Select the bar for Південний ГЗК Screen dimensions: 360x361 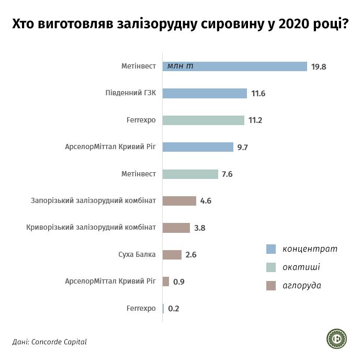point(205,93)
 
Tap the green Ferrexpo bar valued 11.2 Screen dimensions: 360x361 point(204,120)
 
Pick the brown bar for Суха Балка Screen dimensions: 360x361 point(172,255)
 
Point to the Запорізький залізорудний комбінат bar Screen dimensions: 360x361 point(179,201)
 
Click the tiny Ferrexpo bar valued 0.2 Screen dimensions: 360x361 point(163,309)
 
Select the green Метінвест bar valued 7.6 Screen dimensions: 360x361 point(190,174)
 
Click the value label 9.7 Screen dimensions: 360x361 point(242,148)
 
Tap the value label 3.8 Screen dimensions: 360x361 point(199,228)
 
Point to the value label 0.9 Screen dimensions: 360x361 point(179,282)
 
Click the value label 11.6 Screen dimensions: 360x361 point(258,94)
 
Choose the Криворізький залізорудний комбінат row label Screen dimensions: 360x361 point(91,228)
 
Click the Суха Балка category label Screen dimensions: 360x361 point(137,255)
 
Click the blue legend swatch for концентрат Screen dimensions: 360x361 point(271,249)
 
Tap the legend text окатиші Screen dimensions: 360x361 point(301,267)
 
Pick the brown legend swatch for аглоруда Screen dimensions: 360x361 point(271,286)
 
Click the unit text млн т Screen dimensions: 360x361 point(180,66)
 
